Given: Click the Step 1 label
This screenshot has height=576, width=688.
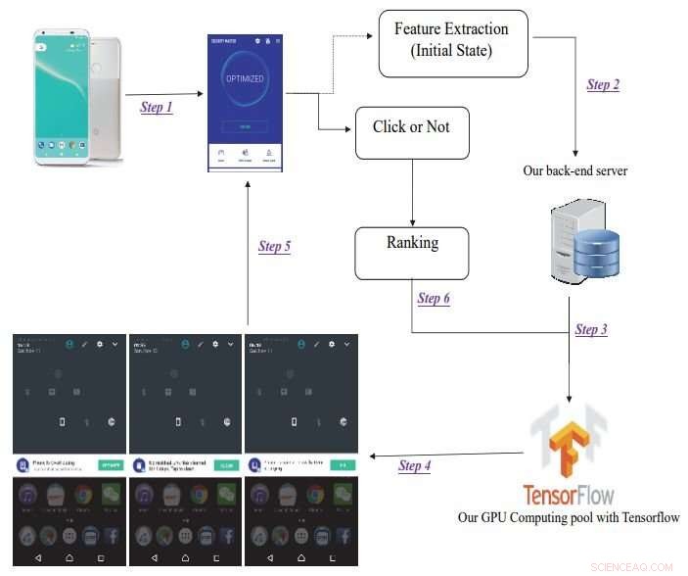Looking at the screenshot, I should [157, 107].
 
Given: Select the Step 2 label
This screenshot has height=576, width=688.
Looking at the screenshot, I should [603, 84].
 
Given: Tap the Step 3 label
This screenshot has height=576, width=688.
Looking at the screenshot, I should [591, 329].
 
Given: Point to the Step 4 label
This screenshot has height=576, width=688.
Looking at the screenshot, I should [414, 465].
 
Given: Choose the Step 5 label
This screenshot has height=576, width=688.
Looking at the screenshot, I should [274, 246].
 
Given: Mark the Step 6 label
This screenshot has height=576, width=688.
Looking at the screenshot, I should [434, 298].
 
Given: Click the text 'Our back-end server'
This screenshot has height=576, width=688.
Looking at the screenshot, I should [575, 171].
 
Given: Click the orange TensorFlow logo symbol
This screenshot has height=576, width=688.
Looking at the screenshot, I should [568, 440].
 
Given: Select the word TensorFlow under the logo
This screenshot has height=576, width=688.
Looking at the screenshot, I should [568, 493].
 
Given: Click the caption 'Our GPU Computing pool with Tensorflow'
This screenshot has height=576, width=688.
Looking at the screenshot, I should [568, 517].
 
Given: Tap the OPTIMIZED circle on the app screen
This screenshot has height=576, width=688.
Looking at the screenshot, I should [246, 78].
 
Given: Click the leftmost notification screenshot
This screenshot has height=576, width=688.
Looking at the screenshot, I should [70, 450].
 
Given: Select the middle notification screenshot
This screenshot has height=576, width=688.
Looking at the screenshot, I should [185, 450].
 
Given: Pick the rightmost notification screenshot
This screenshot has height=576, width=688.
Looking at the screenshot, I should [300, 450].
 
